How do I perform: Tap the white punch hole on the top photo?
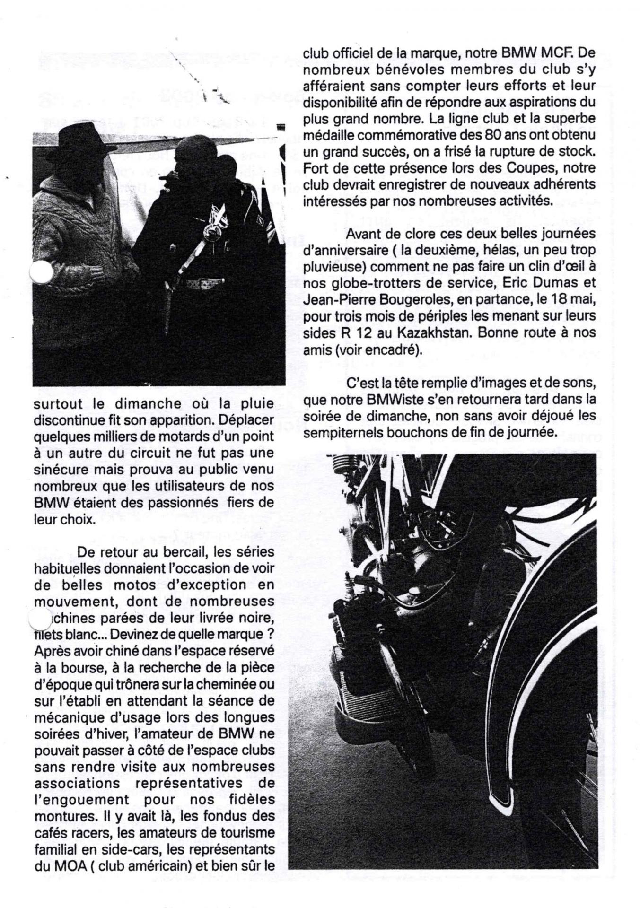(x=41, y=272)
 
